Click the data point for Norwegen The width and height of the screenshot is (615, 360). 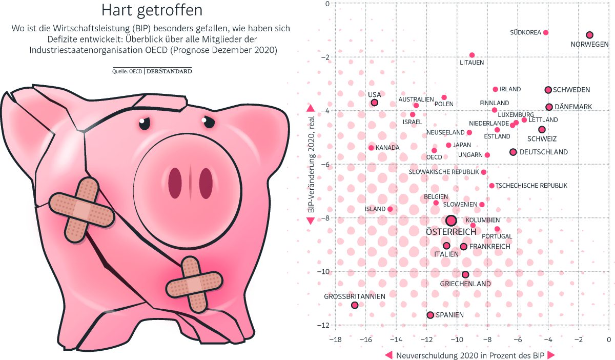589,35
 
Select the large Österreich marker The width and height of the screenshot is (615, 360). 451,221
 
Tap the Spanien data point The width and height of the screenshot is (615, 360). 430,315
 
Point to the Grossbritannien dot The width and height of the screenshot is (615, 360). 355,305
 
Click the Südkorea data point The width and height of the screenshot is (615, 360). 546,32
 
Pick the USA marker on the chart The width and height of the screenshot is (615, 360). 375,103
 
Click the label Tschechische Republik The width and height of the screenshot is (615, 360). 531,185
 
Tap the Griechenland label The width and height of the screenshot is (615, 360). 465,284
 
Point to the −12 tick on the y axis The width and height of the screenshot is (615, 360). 324,325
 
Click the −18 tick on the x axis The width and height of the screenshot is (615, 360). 335,339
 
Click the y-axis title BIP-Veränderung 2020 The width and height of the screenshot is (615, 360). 310,164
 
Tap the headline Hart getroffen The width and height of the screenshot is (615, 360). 152,10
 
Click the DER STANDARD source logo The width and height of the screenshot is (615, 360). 169,71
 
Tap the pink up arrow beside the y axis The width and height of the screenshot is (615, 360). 310,108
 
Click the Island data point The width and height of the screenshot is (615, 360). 390,209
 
